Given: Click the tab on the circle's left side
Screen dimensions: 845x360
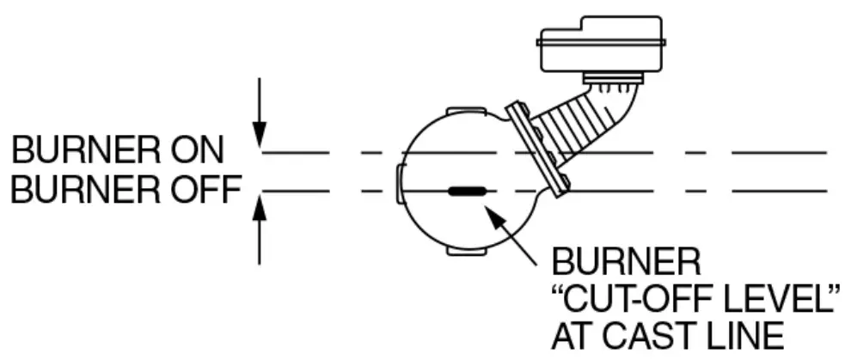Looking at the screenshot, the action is click(x=401, y=185).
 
